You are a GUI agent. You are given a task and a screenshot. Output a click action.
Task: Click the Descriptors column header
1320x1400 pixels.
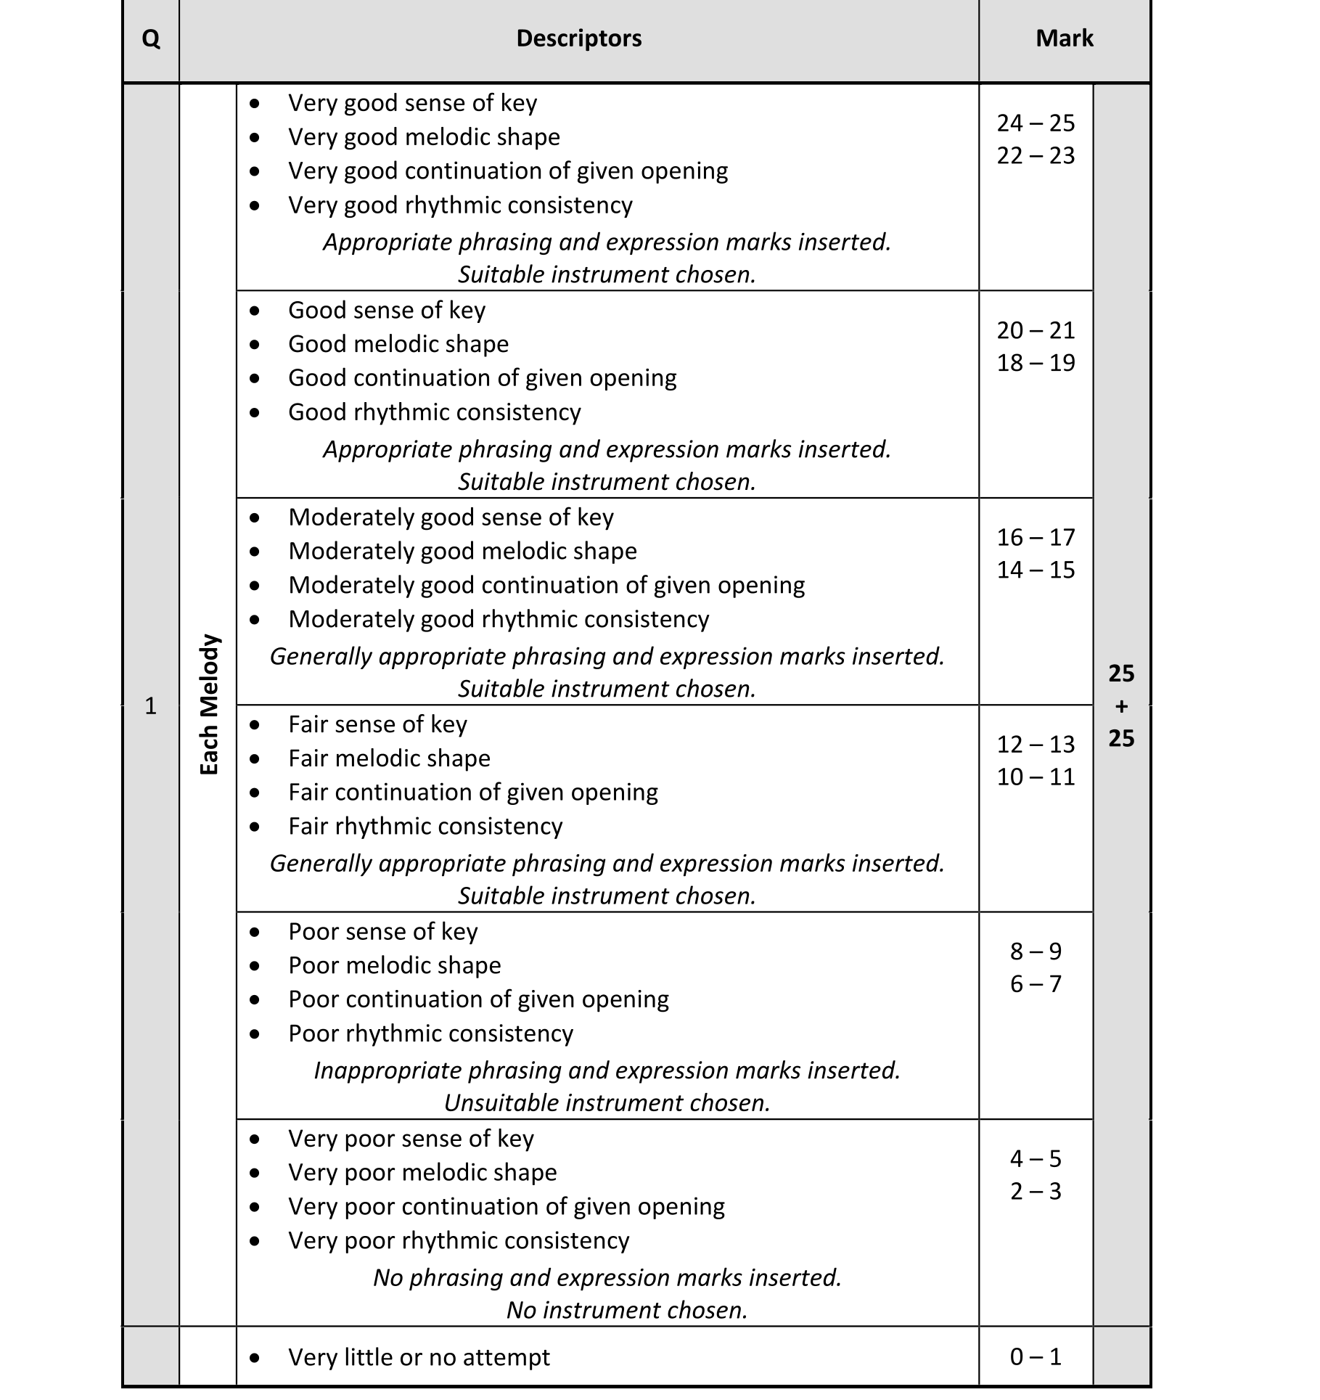pyautogui.click(x=578, y=38)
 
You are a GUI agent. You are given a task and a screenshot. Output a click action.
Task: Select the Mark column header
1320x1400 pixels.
pyautogui.click(x=1064, y=38)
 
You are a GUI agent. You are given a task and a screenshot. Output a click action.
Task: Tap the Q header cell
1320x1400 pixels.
pyautogui.click(x=151, y=38)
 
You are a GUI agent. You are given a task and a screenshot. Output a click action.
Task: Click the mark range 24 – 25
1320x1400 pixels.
pyautogui.click(x=1036, y=123)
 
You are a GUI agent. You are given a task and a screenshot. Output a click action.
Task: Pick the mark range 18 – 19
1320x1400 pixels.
pyautogui.click(x=1036, y=363)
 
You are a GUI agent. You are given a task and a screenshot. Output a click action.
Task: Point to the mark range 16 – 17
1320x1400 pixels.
pyautogui.click(x=1036, y=537)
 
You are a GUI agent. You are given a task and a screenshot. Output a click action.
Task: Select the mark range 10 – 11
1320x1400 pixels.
pyautogui.click(x=1036, y=777)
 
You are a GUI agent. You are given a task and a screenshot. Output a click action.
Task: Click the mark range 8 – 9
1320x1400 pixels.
pyautogui.click(x=1036, y=951)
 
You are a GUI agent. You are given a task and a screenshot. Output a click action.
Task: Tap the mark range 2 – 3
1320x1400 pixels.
pyautogui.click(x=1036, y=1191)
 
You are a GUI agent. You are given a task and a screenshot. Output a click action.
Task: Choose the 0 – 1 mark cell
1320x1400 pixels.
pyautogui.click(x=1036, y=1356)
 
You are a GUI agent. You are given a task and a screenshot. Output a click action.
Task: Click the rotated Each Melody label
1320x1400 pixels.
pyautogui.click(x=209, y=705)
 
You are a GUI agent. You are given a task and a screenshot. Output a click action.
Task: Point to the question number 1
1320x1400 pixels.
pyautogui.click(x=151, y=705)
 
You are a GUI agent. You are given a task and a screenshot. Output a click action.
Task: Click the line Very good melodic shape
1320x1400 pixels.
pyautogui.click(x=424, y=136)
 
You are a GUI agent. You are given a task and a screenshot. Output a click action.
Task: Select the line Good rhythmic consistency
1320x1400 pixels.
pyautogui.click(x=434, y=412)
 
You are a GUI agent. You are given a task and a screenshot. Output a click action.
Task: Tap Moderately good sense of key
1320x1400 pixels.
pyautogui.click(x=451, y=517)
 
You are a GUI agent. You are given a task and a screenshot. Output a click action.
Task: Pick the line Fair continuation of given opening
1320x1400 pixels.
pyautogui.click(x=472, y=792)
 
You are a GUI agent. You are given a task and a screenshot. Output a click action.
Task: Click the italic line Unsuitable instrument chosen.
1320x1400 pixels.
pyautogui.click(x=607, y=1102)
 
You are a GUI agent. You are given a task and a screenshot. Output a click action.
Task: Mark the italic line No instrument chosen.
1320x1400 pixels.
pyautogui.click(x=626, y=1309)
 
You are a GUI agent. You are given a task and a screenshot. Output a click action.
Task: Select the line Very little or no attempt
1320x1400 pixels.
pyautogui.click(x=419, y=1356)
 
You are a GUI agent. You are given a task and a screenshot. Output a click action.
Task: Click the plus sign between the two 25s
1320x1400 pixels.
pyautogui.click(x=1121, y=705)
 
